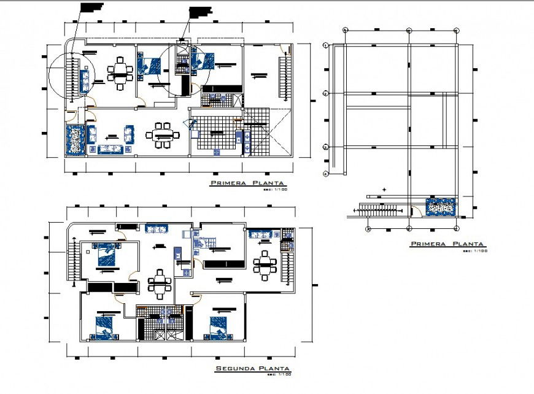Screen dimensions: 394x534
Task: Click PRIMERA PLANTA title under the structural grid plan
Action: (447, 244)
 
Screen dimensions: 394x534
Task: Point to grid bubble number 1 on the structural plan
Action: (325, 45)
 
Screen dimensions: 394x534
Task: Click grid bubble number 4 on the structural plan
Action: (325, 174)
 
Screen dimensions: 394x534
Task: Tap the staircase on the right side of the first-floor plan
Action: (284, 76)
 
